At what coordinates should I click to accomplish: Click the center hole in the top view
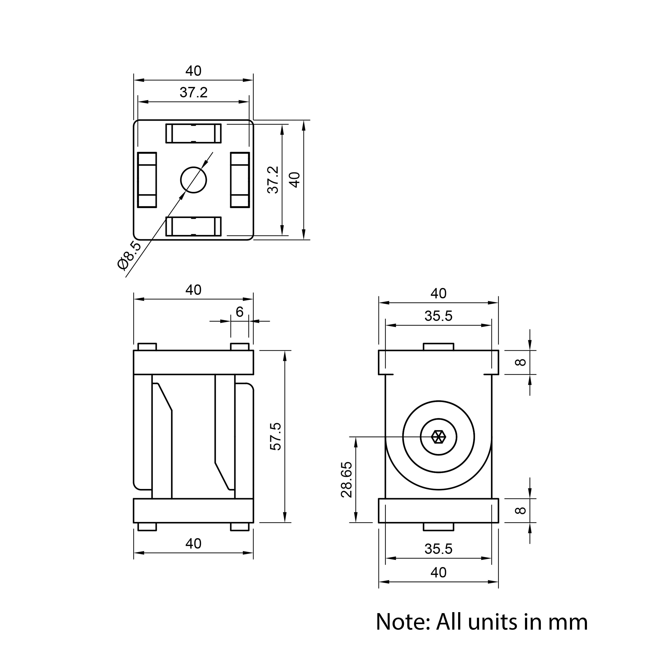coord(193,180)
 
